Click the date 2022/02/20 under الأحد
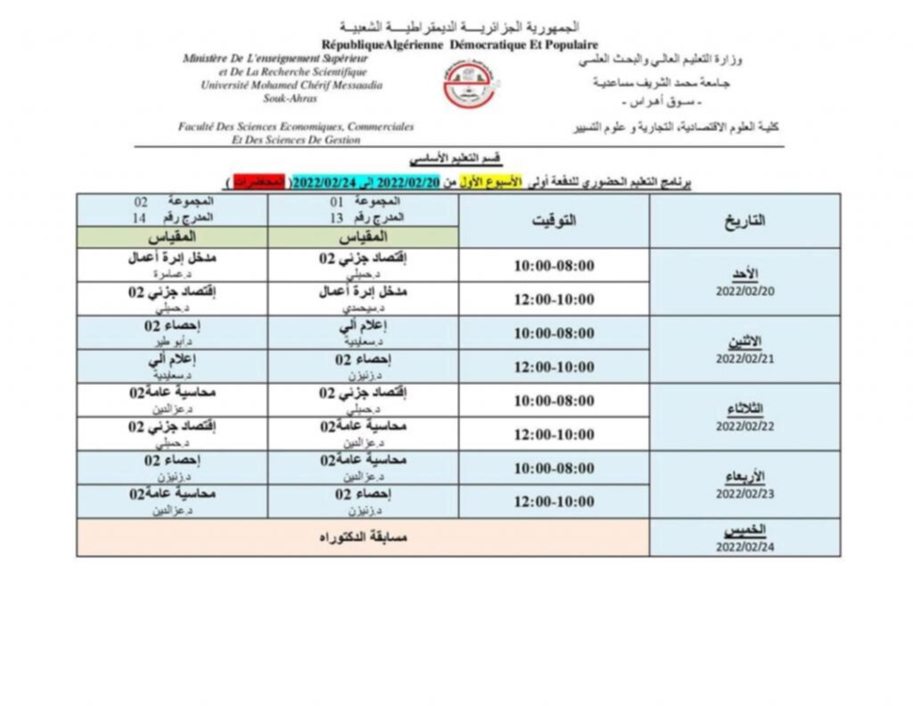[744, 291]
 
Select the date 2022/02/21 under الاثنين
[744, 358]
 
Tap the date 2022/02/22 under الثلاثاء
[744, 426]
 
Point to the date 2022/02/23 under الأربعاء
[744, 492]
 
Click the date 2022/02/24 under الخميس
[744, 547]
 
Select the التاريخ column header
[744, 221]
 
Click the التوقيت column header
[554, 220]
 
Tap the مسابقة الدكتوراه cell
[363, 538]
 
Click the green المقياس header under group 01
[363, 237]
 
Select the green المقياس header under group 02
[171, 237]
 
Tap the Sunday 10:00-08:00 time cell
[554, 266]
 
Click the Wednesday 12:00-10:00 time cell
[554, 502]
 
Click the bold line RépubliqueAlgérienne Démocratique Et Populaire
[460, 45]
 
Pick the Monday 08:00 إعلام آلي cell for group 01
[363, 332]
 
